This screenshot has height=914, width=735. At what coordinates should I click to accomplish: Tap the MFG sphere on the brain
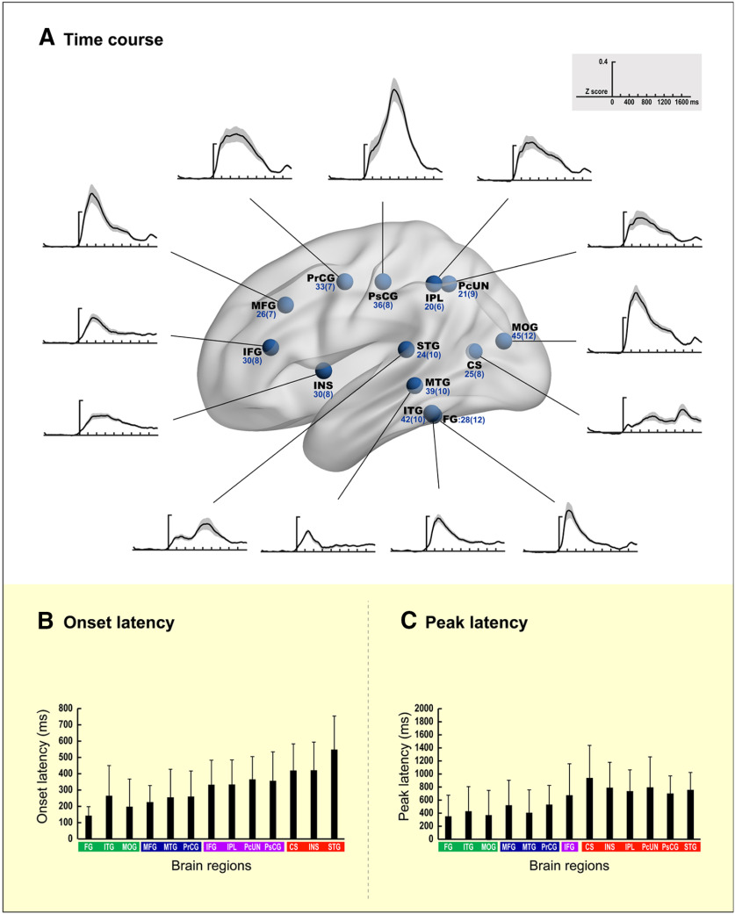click(285, 306)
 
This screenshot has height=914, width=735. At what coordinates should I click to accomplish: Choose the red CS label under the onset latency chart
click(293, 847)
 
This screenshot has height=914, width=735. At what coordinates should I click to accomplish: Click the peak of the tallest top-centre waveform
click(395, 90)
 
